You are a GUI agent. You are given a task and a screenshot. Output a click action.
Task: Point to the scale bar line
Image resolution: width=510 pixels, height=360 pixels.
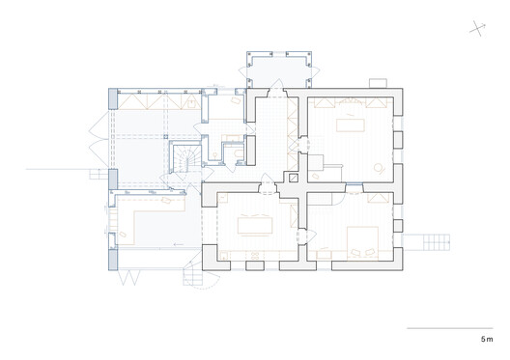[450, 329]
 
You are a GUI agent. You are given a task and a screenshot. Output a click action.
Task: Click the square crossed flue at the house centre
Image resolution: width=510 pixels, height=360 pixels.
[293, 179]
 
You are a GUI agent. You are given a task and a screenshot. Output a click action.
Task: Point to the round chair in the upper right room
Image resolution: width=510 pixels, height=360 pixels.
[382, 166]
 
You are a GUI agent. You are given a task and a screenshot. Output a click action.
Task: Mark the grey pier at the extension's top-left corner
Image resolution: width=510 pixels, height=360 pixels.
[113, 97]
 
